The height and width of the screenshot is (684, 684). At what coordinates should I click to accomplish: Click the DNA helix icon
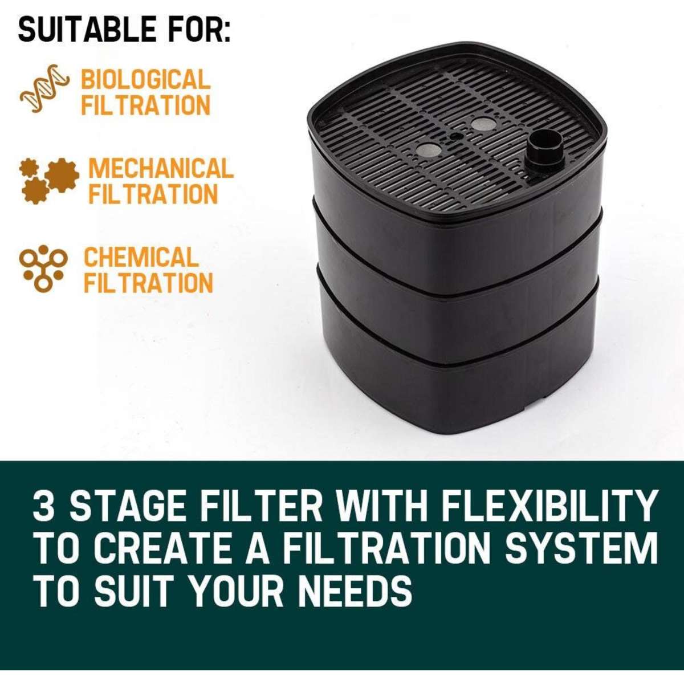[43, 88]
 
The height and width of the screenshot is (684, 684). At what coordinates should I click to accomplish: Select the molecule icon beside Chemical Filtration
[43, 268]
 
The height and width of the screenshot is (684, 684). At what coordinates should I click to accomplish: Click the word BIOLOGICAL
[145, 79]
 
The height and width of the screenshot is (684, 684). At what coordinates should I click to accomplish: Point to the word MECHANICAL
[161, 169]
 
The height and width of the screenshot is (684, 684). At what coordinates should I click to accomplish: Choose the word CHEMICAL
[141, 257]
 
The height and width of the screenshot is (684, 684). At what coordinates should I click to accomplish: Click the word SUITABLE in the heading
[87, 30]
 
